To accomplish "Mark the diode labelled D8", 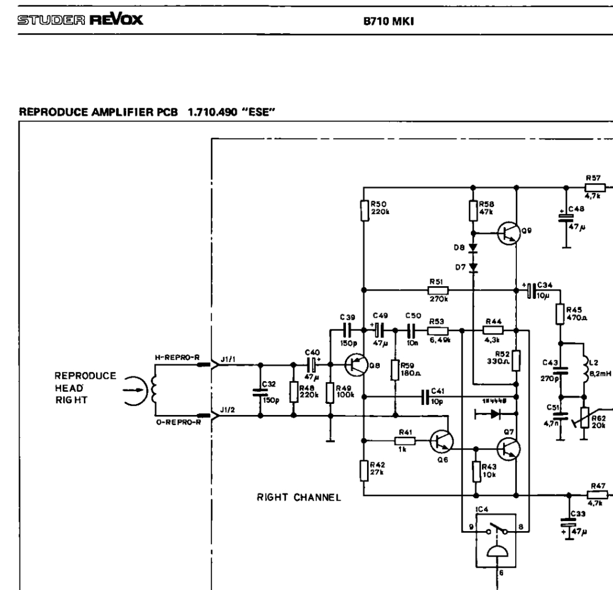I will coord(473,247).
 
